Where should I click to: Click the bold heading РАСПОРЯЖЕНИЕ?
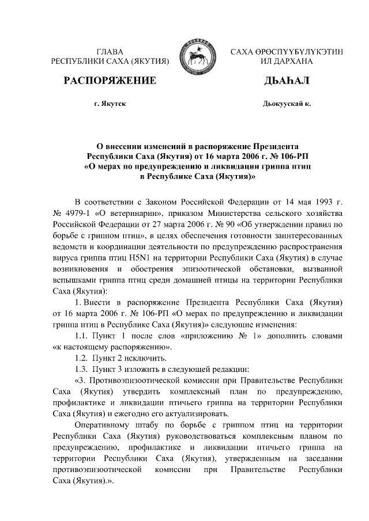pos(111,80)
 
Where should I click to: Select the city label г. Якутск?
pos(110,104)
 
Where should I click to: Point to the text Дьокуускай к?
pos(286,104)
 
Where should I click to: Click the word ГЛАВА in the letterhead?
pos(110,52)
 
